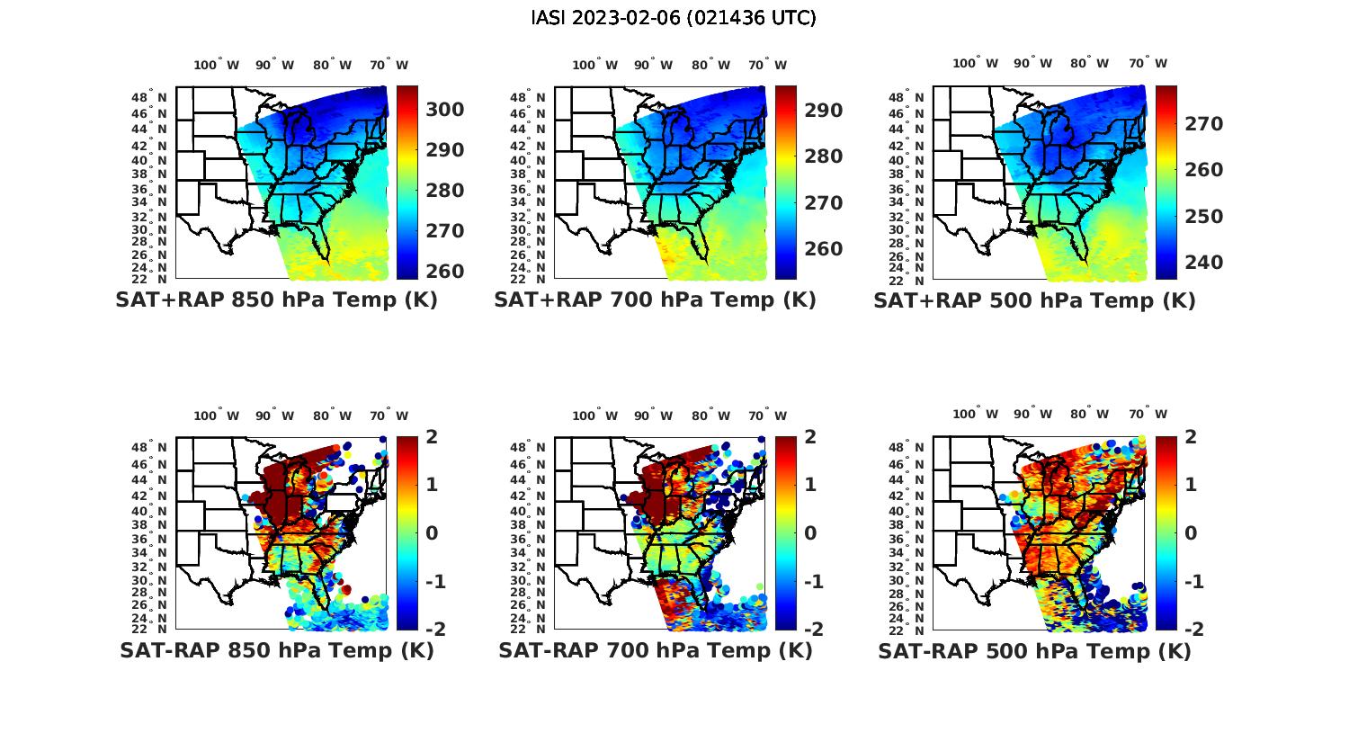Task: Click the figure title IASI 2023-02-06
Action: (674, 18)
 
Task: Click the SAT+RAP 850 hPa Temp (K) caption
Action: (276, 300)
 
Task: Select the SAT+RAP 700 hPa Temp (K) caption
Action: (655, 300)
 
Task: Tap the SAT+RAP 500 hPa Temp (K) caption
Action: (1034, 301)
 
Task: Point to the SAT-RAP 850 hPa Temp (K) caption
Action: (276, 651)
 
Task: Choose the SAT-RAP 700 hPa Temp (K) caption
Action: (655, 651)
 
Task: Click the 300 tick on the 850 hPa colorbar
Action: (445, 110)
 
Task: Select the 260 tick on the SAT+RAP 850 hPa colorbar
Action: (445, 272)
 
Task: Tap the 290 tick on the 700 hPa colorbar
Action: (824, 111)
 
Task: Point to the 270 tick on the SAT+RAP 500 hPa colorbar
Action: (1204, 124)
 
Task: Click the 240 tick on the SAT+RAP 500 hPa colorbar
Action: (1204, 263)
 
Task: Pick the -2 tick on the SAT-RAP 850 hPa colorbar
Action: (435, 630)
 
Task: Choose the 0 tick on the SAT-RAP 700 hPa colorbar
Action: (809, 533)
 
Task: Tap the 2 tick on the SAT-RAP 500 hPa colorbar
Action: (1189, 437)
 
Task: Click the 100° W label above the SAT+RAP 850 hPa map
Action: (217, 65)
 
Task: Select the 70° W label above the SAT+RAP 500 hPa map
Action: (1148, 63)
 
